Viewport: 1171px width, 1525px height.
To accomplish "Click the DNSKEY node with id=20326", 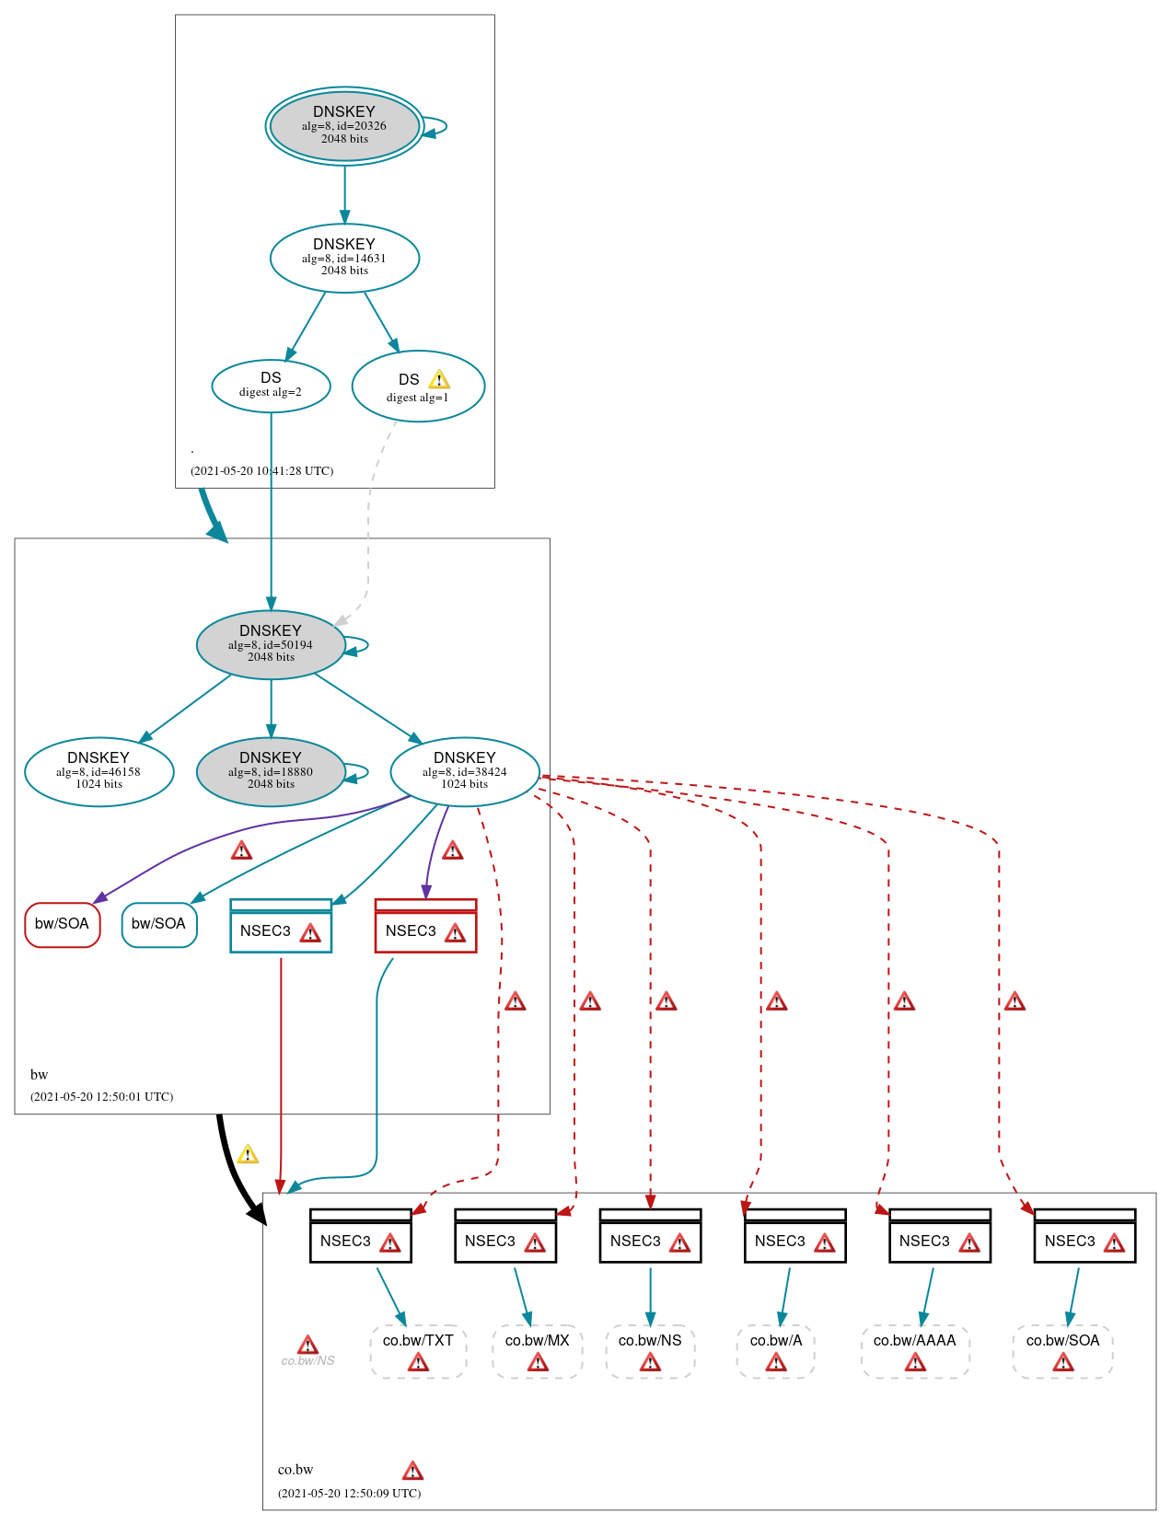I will (344, 126).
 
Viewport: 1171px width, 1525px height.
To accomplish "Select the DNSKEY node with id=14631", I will (344, 258).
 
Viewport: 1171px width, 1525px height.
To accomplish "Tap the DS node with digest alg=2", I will (271, 386).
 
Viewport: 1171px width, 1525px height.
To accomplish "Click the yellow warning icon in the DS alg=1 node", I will (439, 379).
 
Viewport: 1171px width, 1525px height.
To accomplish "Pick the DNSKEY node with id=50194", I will (271, 644).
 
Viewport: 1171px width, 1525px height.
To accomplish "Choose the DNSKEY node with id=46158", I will (99, 771).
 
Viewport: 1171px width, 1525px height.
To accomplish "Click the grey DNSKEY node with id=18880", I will (271, 771).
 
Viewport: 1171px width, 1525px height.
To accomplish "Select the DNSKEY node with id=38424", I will (465, 771).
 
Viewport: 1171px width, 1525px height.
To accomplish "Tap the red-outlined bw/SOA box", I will (62, 924).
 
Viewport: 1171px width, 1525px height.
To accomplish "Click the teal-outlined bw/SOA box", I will (158, 924).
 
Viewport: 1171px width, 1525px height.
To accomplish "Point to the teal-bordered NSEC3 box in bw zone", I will (281, 926).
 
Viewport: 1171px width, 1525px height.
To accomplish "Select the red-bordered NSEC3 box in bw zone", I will (425, 926).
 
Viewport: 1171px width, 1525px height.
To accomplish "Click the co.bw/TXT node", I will (418, 1350).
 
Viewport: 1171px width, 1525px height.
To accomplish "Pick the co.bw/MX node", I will (538, 1350).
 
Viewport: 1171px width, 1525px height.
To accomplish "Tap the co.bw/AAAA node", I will (915, 1350).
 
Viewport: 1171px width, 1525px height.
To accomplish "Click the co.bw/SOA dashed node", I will (1062, 1350).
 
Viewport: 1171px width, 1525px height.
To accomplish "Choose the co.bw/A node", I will (776, 1350).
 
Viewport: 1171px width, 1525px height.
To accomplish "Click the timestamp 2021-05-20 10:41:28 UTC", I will (261, 470).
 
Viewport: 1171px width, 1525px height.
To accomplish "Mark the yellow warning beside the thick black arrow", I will (248, 1154).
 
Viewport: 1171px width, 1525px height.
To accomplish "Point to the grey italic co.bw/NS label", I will (307, 1360).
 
